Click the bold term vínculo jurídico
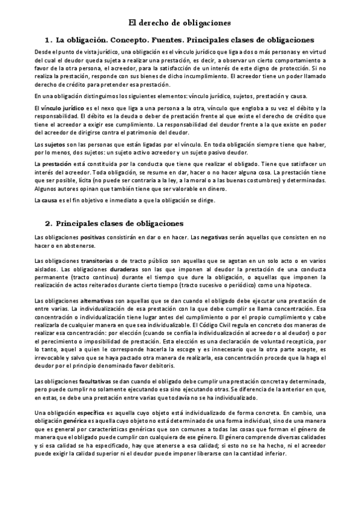(x=58, y=107)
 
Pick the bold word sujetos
(x=49, y=146)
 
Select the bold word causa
(x=47, y=200)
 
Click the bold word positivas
(x=93, y=239)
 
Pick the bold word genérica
(x=79, y=422)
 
